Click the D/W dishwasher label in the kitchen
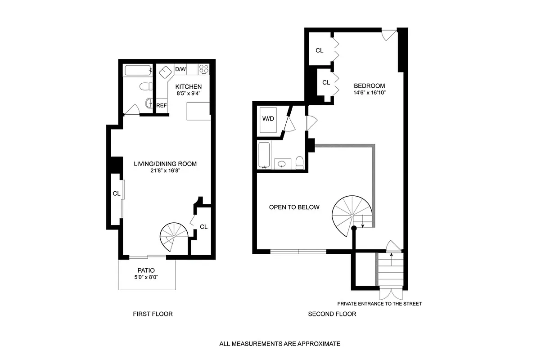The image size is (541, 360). (x=180, y=69)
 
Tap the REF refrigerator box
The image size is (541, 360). (x=162, y=105)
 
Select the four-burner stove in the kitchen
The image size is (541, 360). (x=203, y=69)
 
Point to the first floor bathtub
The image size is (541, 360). (x=138, y=70)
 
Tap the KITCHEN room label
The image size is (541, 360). (x=189, y=87)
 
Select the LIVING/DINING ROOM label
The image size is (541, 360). (x=165, y=164)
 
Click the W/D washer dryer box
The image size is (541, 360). (x=269, y=120)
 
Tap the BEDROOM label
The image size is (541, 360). (x=369, y=86)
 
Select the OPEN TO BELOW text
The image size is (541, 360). (x=294, y=207)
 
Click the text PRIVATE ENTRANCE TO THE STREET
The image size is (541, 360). (x=379, y=304)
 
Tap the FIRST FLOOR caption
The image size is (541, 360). (x=153, y=314)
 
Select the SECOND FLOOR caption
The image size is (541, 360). (x=332, y=314)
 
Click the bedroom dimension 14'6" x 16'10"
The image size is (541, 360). (x=369, y=93)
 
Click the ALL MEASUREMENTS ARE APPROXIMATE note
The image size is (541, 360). (x=280, y=344)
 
